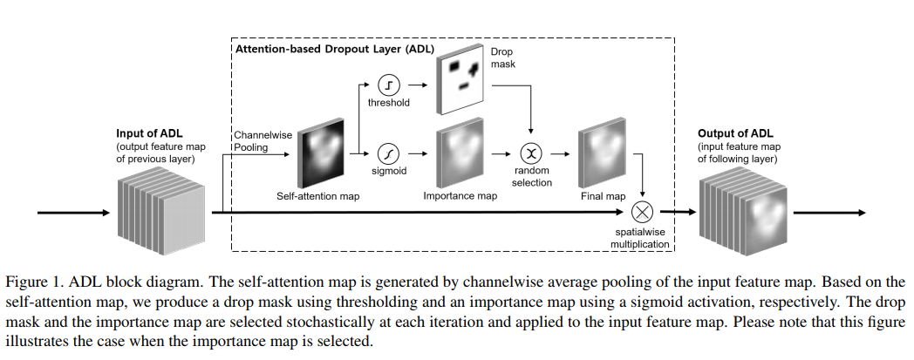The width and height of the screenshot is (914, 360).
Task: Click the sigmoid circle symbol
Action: (390, 153)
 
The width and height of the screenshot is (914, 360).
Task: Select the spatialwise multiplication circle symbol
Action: (643, 212)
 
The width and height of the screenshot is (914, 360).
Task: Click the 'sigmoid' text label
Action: (390, 172)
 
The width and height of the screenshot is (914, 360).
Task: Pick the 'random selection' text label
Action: (532, 176)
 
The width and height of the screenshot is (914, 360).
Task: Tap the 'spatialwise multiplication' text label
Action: (643, 239)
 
